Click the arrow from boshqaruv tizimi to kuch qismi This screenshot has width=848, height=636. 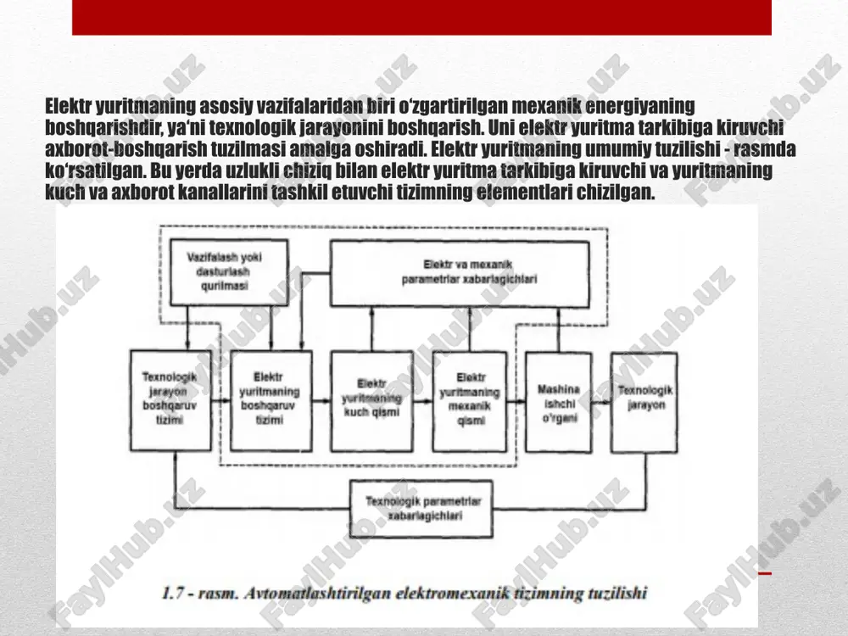pyautogui.click(x=321, y=401)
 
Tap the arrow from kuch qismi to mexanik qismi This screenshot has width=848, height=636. pyautogui.click(x=422, y=401)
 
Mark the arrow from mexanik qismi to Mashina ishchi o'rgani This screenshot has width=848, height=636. pyautogui.click(x=516, y=401)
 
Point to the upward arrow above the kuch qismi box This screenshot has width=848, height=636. pyautogui.click(x=371, y=329)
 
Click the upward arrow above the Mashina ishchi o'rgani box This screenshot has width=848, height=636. pyautogui.click(x=559, y=330)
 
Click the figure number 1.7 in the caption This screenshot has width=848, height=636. pyautogui.click(x=173, y=593)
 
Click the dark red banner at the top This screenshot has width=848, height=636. pyautogui.click(x=421, y=17)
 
